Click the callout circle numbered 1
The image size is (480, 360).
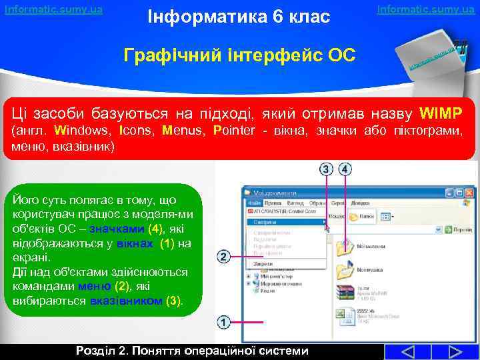click(223, 323)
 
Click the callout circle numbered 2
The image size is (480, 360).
click(223, 257)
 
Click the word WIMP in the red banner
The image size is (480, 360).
click(446, 110)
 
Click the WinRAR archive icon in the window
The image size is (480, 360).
click(345, 293)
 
